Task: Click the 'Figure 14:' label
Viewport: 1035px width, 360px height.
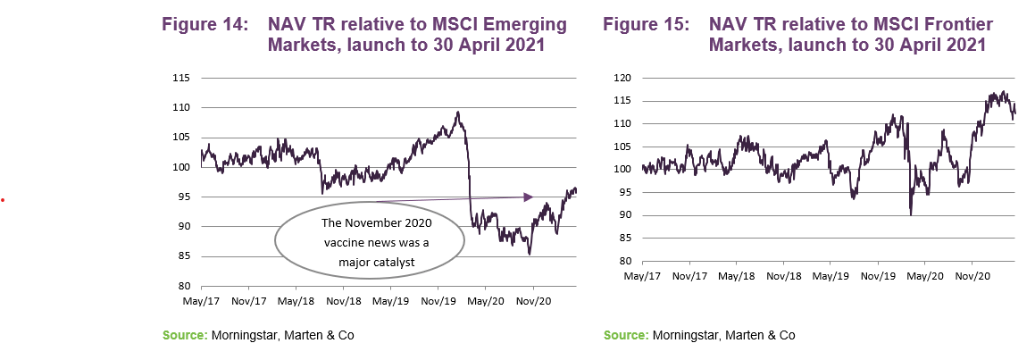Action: (204, 26)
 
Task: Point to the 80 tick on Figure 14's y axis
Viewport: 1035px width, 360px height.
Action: (181, 286)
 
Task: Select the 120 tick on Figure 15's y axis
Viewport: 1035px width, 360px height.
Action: (624, 78)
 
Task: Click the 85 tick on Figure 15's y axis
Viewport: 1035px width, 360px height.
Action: (627, 239)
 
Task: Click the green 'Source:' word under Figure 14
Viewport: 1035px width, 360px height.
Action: (183, 335)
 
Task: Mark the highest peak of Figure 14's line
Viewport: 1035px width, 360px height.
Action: (457, 113)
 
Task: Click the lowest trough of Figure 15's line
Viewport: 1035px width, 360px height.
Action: (911, 214)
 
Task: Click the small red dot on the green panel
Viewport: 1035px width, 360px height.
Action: (4, 199)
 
